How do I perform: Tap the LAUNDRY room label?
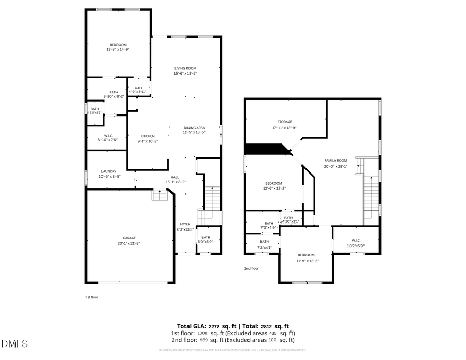coord(109,171)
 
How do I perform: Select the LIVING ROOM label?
coord(185,68)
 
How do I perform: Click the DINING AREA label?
coord(194,127)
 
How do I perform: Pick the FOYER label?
coord(185,224)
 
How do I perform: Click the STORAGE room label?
coord(284,122)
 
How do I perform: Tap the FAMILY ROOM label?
coord(336,161)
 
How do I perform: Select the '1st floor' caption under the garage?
coord(92,297)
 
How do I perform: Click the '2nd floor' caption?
coord(251,268)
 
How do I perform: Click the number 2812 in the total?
coord(267,326)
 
